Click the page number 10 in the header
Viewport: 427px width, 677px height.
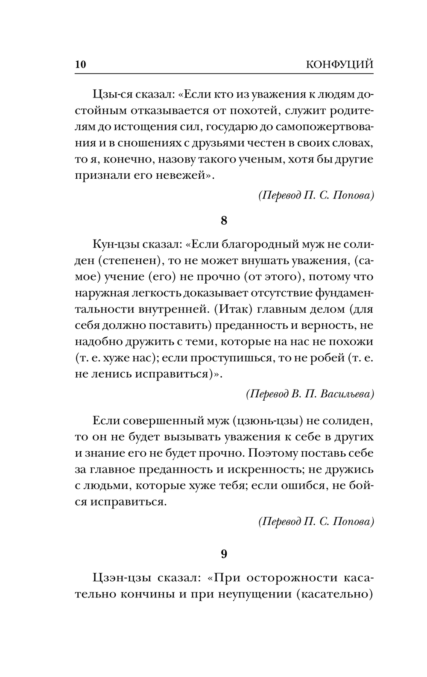pyautogui.click(x=80, y=65)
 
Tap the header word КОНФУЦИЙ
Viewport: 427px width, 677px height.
pyautogui.click(x=339, y=65)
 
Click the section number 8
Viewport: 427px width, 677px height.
pyautogui.click(x=224, y=221)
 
